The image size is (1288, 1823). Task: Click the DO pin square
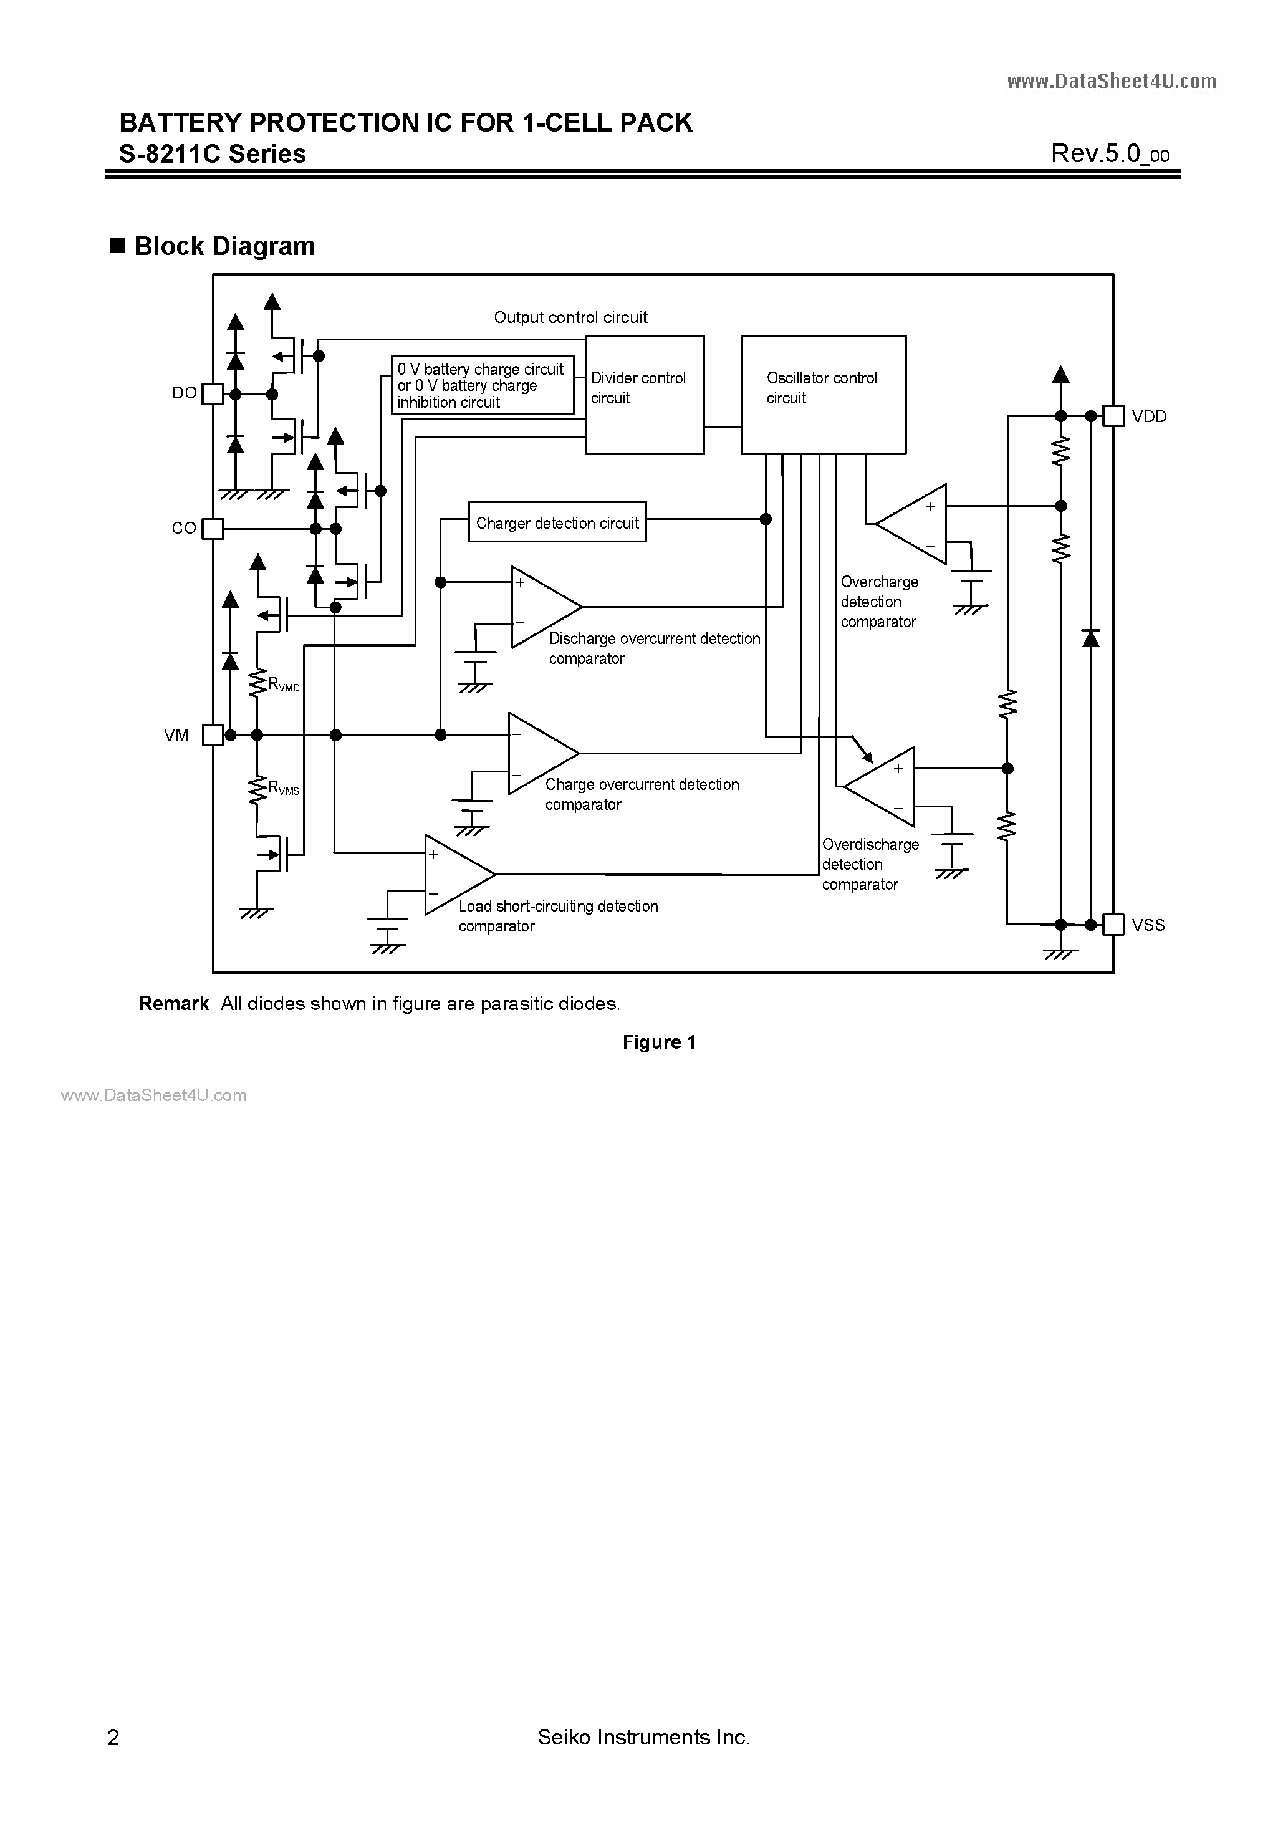click(x=213, y=394)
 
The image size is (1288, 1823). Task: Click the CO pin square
click(x=213, y=529)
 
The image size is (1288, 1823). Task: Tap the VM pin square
click(x=213, y=735)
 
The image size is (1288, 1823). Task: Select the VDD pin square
click(x=1113, y=416)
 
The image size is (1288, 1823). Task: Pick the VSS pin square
click(x=1113, y=924)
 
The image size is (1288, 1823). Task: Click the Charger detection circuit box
click(x=557, y=522)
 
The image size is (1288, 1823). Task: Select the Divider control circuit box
click(x=644, y=395)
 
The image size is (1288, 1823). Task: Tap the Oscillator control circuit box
click(x=824, y=395)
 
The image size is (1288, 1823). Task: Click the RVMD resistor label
click(x=284, y=685)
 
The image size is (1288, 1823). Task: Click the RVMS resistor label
click(x=284, y=789)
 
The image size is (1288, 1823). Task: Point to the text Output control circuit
click(x=570, y=317)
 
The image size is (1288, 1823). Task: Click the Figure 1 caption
click(x=659, y=1042)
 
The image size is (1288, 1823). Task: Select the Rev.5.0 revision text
click(x=1109, y=153)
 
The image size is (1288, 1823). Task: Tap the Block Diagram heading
click(x=224, y=246)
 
